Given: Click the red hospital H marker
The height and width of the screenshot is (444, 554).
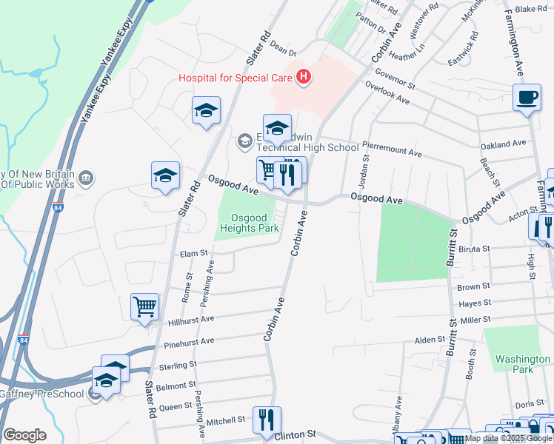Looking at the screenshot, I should pos(302,76).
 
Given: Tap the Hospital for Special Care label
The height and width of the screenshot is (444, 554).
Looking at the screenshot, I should pos(236,77).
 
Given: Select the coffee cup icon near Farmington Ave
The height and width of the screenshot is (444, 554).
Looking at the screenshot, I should pos(527,98).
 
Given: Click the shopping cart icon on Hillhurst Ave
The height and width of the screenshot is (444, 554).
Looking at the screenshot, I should pos(145,306).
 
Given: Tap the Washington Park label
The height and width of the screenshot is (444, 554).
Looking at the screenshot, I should pos(523,364).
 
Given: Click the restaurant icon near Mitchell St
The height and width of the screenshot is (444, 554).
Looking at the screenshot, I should pos(267,420).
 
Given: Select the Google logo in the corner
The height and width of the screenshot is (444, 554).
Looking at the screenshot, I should pos(24,435).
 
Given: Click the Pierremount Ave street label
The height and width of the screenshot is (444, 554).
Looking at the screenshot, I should pos(392,151).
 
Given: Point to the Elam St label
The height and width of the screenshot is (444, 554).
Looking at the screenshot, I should pos(194,254).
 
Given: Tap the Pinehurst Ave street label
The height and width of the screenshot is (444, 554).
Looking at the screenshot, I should pos(189,341).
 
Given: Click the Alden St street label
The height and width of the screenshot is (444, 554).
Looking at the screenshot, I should pos(429,340).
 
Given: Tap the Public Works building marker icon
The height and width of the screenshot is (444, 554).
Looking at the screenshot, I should pos(87,178).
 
